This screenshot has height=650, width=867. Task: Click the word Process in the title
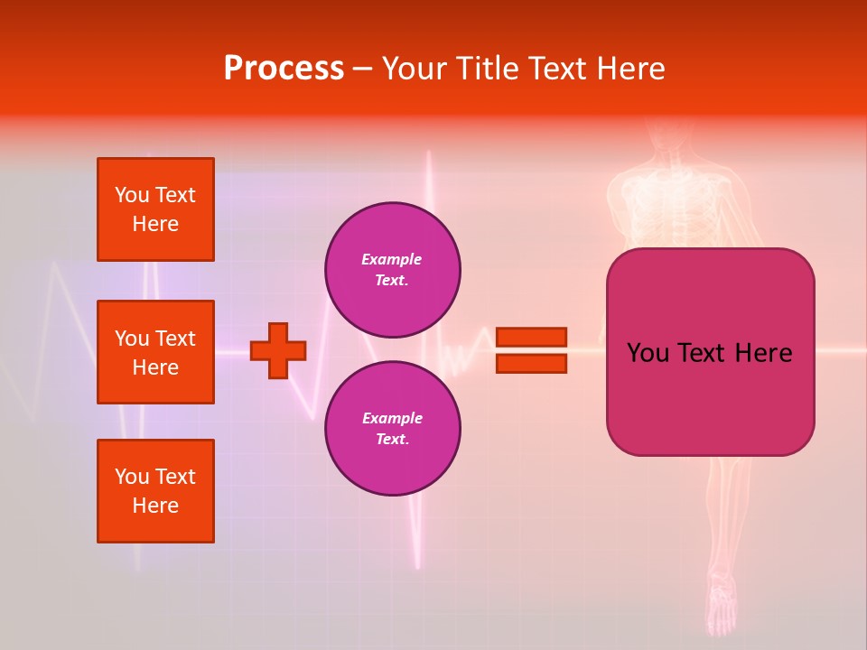pyautogui.click(x=284, y=69)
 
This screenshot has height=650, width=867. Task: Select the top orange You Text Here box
pyautogui.click(x=155, y=209)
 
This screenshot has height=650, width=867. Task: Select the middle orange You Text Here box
pyautogui.click(x=155, y=352)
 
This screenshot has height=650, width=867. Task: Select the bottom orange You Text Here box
pyautogui.click(x=155, y=490)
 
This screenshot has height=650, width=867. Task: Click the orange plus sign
pyautogui.click(x=278, y=350)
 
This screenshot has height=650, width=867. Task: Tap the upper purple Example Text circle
pyautogui.click(x=393, y=270)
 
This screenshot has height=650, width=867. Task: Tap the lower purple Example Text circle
pyautogui.click(x=393, y=429)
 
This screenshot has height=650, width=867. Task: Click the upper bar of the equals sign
pyautogui.click(x=531, y=337)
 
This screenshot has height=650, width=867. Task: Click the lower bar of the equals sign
pyautogui.click(x=531, y=363)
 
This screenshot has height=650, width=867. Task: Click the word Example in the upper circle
pyautogui.click(x=391, y=259)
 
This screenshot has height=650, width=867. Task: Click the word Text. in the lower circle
pyautogui.click(x=392, y=440)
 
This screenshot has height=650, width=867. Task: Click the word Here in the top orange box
pyautogui.click(x=155, y=224)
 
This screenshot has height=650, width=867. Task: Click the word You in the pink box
pyautogui.click(x=648, y=353)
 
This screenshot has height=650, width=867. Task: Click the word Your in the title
pyautogui.click(x=415, y=69)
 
